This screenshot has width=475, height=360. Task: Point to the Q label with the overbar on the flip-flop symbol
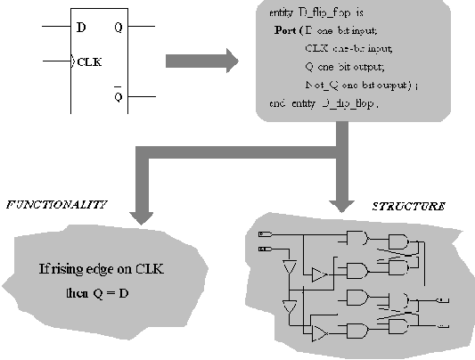119,96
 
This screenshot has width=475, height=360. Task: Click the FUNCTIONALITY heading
57,204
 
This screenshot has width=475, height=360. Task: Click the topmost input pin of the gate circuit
263,233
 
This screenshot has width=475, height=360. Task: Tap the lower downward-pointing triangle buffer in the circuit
288,307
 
